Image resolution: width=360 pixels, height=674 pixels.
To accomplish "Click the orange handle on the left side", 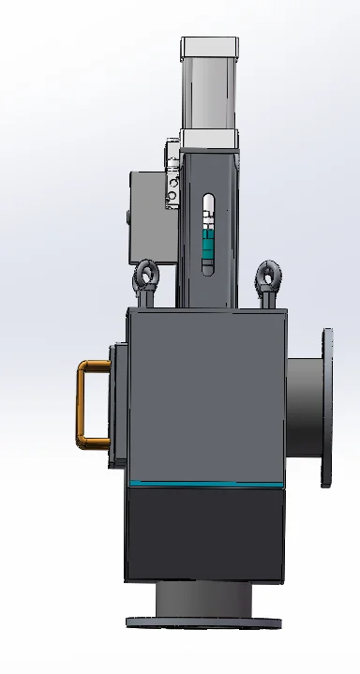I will [83, 403].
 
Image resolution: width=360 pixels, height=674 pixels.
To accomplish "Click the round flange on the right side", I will [327, 408].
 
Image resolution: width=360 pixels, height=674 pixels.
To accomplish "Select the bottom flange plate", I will [203, 621].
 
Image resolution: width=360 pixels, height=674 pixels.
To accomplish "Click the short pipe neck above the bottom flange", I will [203, 596].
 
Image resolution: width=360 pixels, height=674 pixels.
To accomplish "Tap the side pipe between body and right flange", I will [303, 408].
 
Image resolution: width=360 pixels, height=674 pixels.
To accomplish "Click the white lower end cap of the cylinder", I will [210, 139].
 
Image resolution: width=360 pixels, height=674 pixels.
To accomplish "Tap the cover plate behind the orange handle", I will [117, 405].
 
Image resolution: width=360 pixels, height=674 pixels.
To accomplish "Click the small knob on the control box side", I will [128, 219].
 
